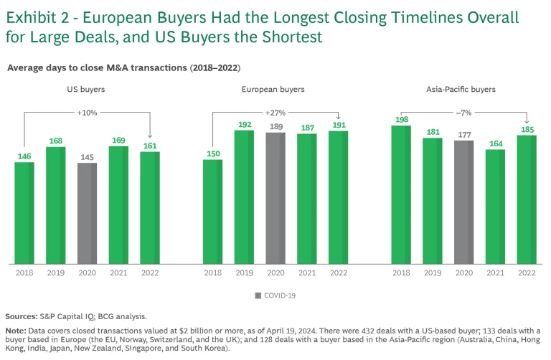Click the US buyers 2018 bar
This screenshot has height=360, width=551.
pos(24,212)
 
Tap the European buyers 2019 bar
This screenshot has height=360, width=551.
pos(244,196)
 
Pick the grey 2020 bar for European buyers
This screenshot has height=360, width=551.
pos(275,198)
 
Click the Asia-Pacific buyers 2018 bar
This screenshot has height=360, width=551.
pos(401,194)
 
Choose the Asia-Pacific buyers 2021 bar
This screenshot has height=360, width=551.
pos(496,206)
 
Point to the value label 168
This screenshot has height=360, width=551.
pos(56,141)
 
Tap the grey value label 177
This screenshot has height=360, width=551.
pos(464,135)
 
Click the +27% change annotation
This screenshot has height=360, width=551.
pos(275,113)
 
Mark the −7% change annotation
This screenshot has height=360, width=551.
pos(464,113)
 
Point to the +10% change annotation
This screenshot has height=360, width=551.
pos(88,113)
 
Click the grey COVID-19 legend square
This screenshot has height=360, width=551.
pos(258,295)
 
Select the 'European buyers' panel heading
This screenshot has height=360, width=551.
pos(275,90)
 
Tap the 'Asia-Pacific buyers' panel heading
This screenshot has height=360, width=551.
pos(464,90)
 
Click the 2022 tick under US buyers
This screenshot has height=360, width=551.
pos(151,273)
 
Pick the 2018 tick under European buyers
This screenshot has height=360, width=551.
pos(212,273)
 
